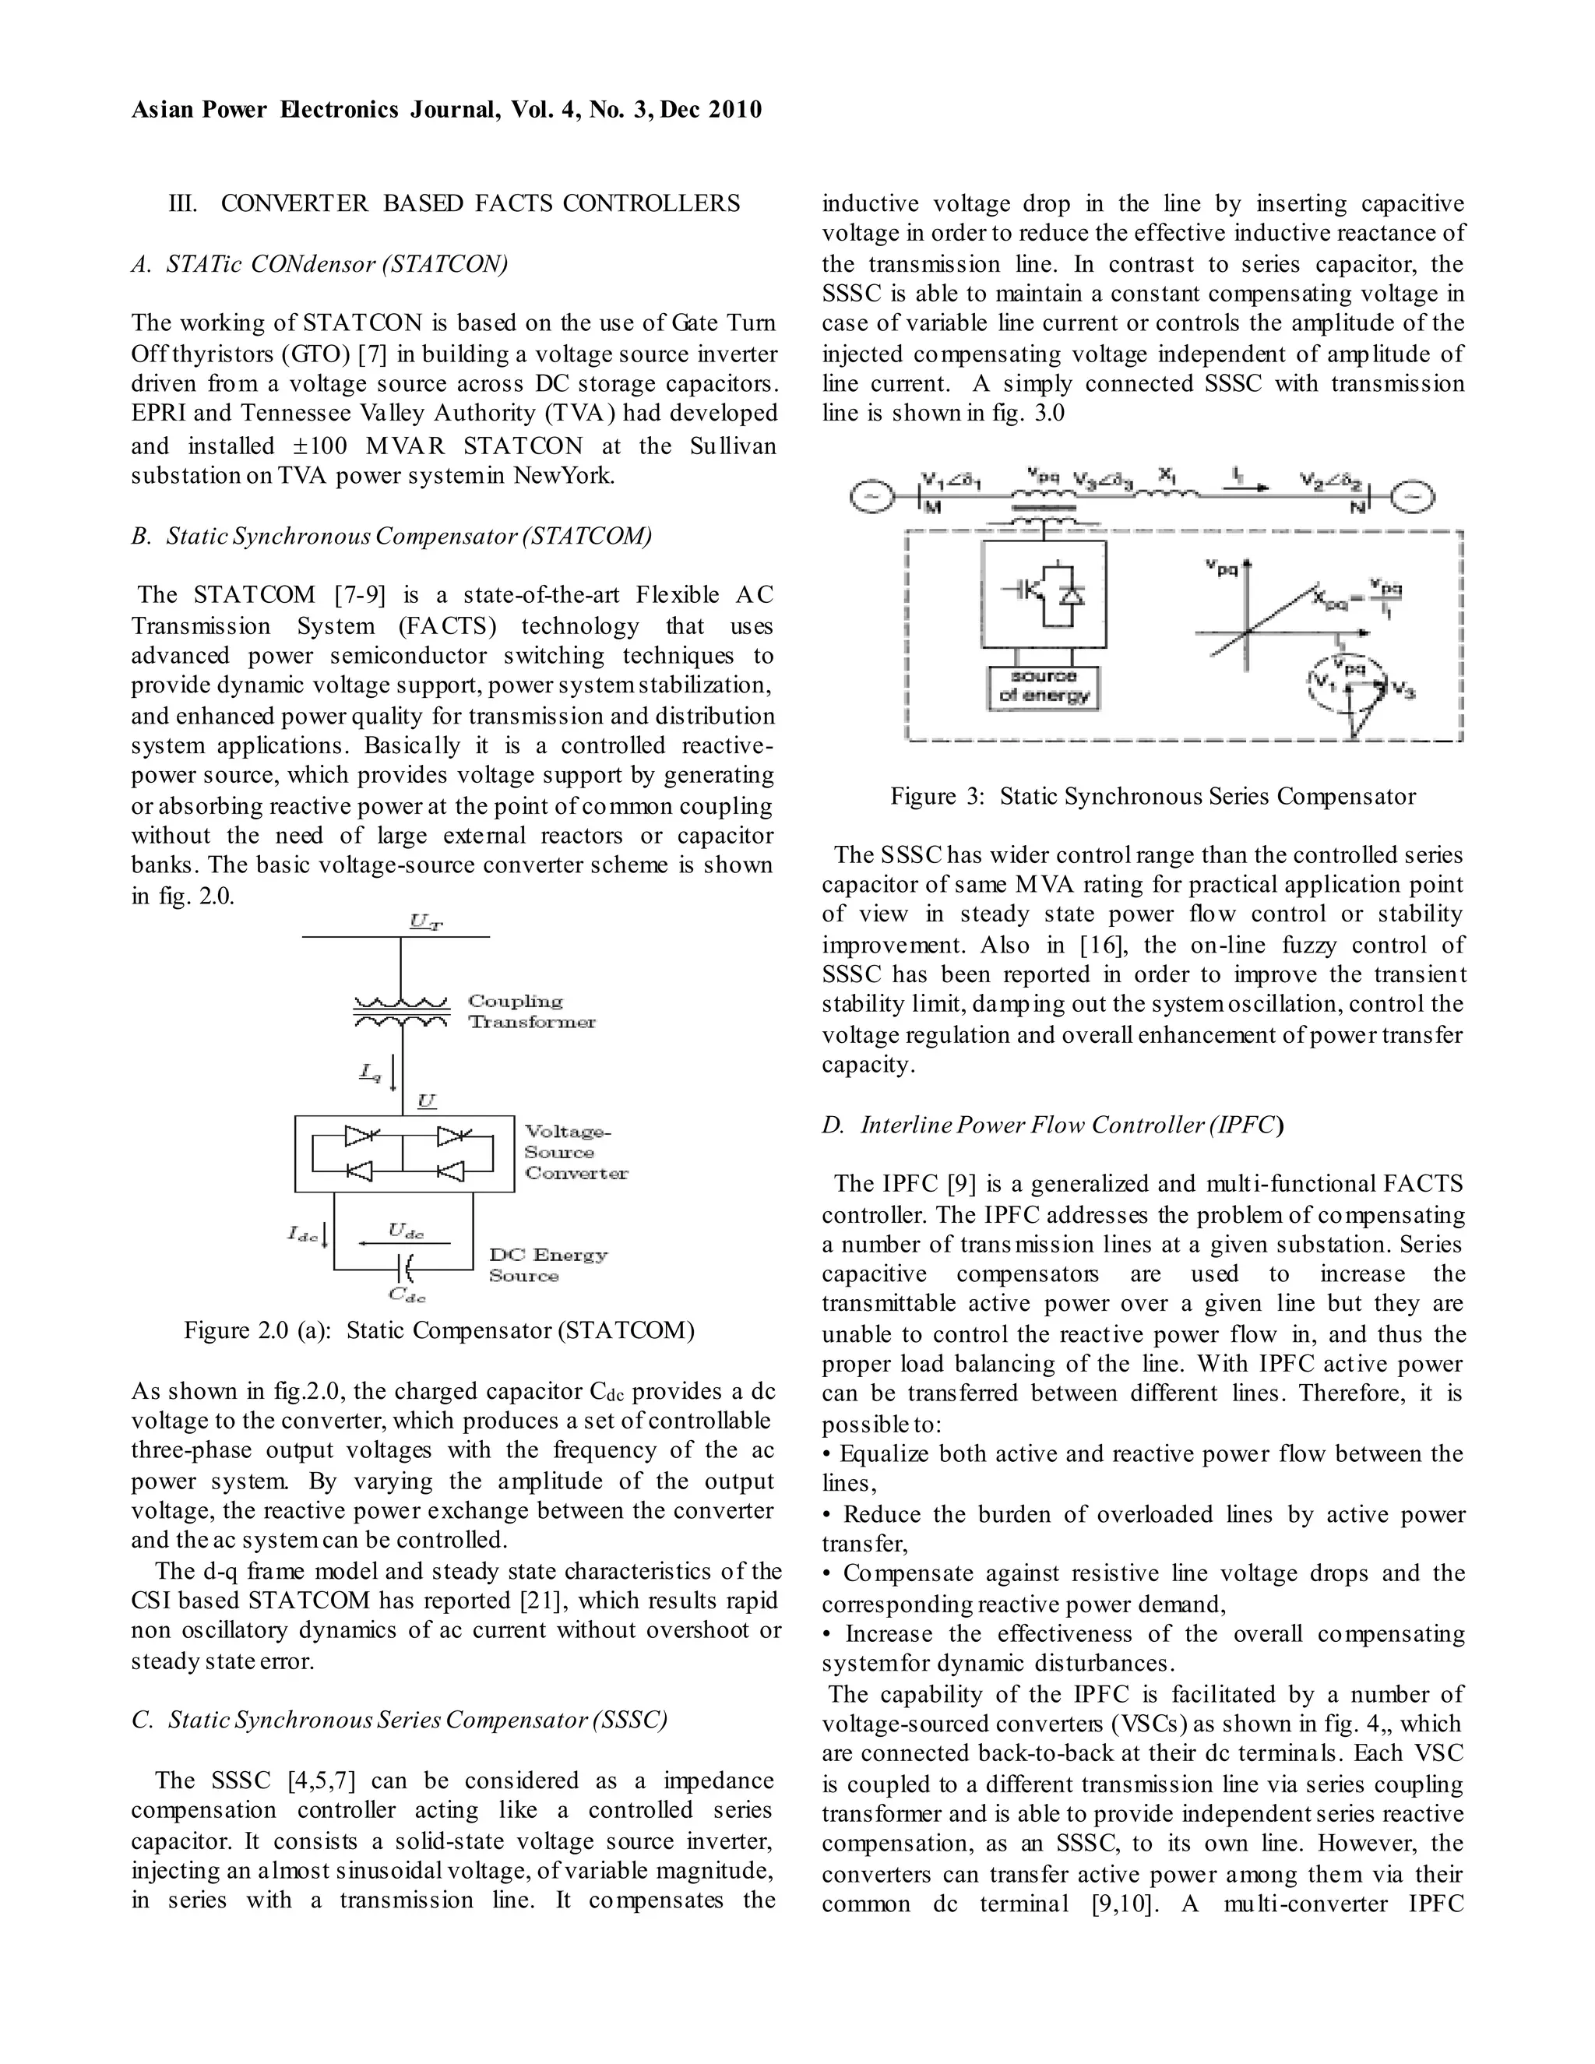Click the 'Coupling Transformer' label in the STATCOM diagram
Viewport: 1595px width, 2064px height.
coord(531,1011)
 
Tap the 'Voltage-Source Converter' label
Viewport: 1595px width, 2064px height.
coord(576,1152)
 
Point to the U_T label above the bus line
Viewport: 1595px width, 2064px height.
coord(426,921)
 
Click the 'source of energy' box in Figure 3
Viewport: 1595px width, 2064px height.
coord(1044,687)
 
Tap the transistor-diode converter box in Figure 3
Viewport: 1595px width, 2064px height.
coord(1044,593)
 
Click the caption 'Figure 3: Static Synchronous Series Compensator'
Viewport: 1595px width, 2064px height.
coord(1153,797)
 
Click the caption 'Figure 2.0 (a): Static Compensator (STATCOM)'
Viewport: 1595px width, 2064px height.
coord(439,1330)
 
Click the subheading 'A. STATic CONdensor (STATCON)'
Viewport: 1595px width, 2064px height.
coord(319,264)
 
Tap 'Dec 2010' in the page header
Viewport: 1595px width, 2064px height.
coord(710,110)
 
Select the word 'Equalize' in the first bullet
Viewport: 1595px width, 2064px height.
coord(885,1453)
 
